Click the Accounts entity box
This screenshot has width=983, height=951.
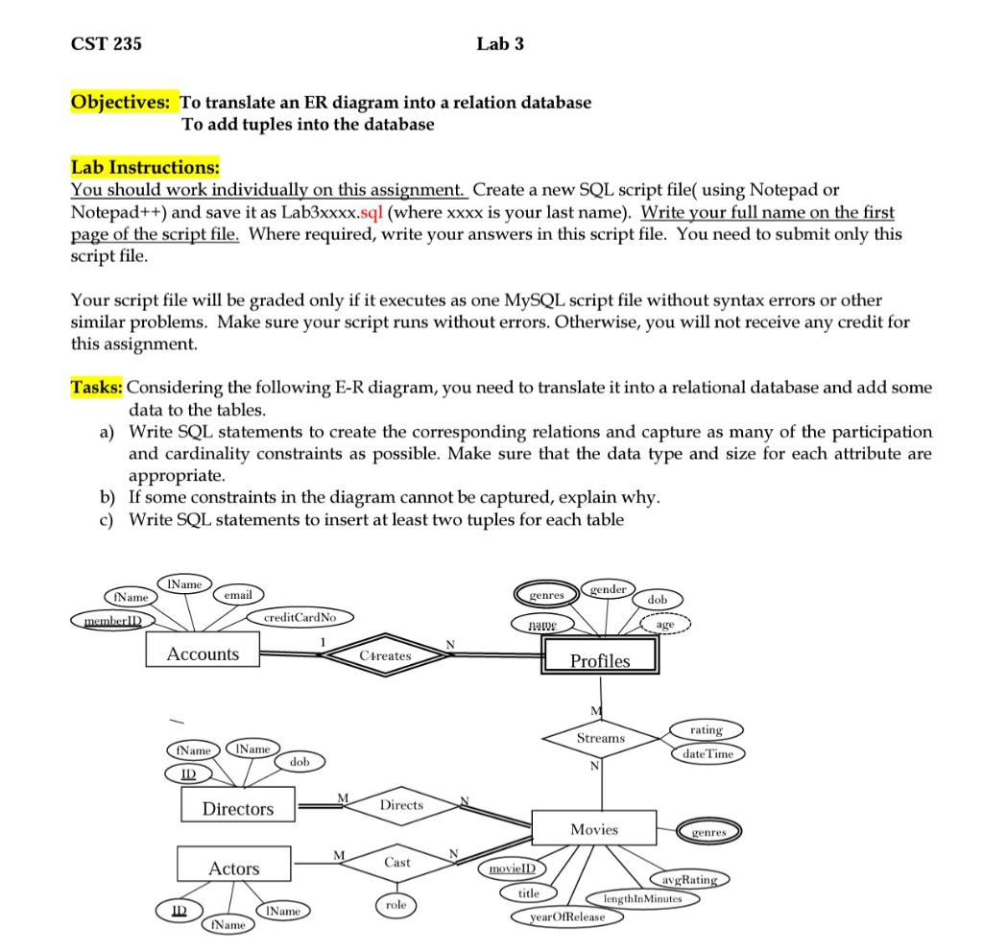(203, 654)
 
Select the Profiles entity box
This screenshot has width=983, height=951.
(600, 659)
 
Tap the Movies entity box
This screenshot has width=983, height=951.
(594, 829)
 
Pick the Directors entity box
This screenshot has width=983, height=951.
(237, 808)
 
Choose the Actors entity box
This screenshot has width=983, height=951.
(234, 868)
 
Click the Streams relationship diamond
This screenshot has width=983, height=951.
(601, 738)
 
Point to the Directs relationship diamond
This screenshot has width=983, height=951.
(401, 805)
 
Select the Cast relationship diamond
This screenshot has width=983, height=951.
(397, 863)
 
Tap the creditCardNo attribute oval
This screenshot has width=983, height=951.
(301, 617)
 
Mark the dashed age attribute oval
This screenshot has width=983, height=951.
(665, 624)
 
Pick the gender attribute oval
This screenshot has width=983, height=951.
(608, 589)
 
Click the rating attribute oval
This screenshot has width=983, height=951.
(706, 730)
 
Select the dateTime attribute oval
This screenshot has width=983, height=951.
(707, 754)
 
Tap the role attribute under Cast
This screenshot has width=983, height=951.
(396, 905)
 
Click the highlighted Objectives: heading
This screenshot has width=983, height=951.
(124, 102)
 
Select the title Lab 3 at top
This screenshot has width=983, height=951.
(499, 43)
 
